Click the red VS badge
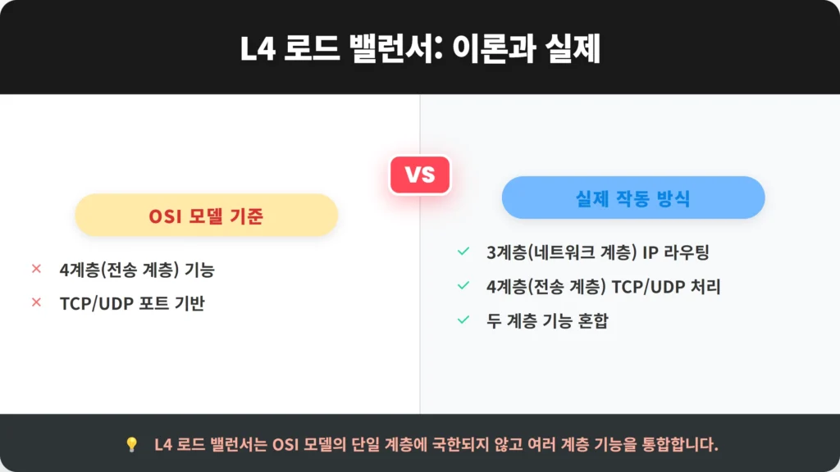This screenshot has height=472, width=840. (420, 175)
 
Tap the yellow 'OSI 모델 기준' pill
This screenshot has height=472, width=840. (206, 216)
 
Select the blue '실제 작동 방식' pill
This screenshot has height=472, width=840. (633, 197)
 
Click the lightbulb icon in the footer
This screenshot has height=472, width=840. (132, 444)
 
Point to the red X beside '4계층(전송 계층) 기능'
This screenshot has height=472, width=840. (36, 269)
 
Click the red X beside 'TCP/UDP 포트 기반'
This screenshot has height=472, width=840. (36, 302)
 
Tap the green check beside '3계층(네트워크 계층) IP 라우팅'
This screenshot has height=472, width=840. (463, 251)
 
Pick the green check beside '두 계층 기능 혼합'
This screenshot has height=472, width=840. (463, 320)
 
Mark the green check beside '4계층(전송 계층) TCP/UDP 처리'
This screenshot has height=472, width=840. (463, 285)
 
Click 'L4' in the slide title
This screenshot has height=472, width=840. (258, 48)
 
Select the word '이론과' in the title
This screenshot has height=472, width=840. (494, 48)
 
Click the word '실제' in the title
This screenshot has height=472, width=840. (573, 48)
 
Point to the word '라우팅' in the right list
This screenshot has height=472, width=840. (687, 252)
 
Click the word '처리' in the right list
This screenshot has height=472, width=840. (705, 286)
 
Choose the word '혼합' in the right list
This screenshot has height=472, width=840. (593, 320)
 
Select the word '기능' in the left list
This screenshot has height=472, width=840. (199, 270)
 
